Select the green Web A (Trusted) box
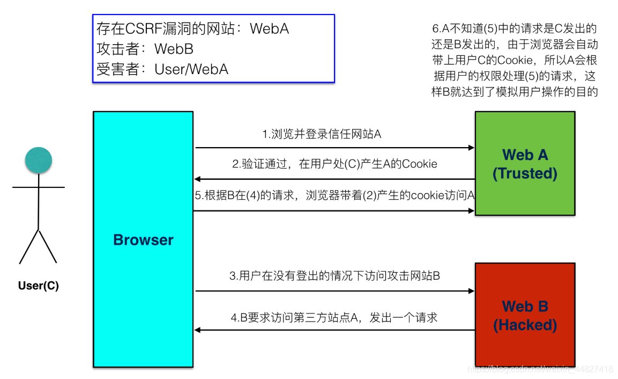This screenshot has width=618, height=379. [525, 164]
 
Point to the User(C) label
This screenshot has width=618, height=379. [39, 286]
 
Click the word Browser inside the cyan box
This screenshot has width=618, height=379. [143, 240]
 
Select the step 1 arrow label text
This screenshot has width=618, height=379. [322, 134]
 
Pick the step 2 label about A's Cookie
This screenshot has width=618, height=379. [334, 164]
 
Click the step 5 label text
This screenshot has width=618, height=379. [334, 195]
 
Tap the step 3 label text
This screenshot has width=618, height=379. [334, 276]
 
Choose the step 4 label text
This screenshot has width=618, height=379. [334, 317]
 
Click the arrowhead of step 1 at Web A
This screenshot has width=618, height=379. [471, 148]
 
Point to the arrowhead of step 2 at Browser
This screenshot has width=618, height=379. [198, 179]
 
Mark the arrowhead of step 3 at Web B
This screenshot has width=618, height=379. [471, 291]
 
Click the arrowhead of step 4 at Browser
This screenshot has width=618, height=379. [198, 330]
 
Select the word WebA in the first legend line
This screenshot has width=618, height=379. [269, 28]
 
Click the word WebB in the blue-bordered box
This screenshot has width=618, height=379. [174, 49]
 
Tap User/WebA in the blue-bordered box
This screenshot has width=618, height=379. [191, 69]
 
